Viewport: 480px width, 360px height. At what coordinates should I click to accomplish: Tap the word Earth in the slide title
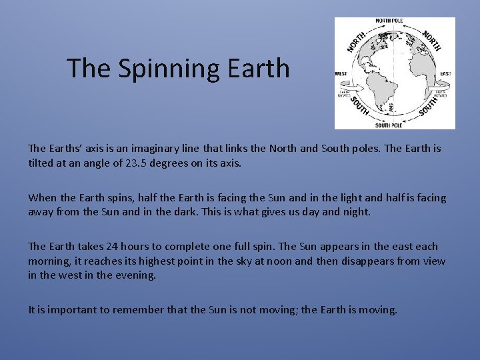coord(259,68)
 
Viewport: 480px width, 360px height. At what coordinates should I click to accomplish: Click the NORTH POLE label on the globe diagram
coord(394,21)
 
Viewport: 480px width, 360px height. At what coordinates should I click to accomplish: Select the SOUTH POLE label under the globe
coord(389,125)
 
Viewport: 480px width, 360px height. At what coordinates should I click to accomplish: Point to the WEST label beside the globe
coord(341,73)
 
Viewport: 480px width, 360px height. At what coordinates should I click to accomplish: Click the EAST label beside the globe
coord(445,73)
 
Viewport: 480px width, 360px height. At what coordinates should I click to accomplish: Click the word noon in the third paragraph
coord(275,261)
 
